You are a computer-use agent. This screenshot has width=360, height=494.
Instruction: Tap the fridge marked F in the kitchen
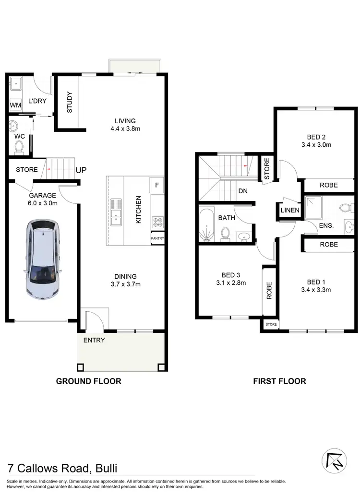157,184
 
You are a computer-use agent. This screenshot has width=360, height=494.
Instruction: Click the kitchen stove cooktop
157,222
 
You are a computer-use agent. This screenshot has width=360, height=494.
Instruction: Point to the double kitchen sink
116,212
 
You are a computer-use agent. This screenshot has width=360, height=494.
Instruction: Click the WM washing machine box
14,105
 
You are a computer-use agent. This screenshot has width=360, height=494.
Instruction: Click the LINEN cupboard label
290,210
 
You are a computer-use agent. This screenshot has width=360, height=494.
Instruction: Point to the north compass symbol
335,461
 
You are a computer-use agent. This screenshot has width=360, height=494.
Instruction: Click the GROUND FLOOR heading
89,381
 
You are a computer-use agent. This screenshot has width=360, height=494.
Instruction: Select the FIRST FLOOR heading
279,381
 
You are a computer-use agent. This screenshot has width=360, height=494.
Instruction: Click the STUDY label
69,102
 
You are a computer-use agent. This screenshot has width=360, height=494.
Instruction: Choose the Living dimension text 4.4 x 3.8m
125,129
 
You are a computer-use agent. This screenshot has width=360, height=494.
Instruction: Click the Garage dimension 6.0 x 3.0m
43,203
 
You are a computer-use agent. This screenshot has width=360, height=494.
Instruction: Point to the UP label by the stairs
81,170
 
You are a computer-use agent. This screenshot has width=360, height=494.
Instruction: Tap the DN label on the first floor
243,190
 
